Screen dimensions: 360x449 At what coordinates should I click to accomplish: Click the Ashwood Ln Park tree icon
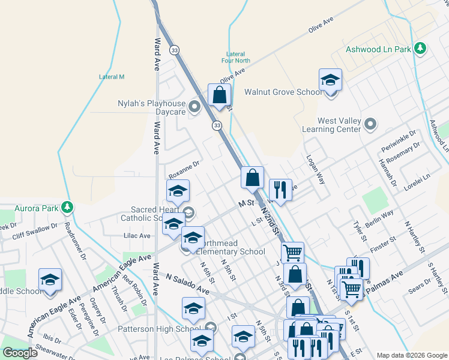tap(421, 48)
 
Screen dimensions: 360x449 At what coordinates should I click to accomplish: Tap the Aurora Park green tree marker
tap(68, 208)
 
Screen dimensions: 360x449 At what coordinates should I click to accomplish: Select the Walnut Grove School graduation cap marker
tap(330, 80)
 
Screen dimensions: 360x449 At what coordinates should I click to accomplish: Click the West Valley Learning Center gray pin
tap(370, 125)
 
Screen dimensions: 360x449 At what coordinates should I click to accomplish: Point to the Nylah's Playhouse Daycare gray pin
tap(194, 107)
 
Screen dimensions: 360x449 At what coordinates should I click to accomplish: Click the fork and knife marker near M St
tap(280, 190)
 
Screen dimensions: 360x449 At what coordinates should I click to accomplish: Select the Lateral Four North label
tap(235, 57)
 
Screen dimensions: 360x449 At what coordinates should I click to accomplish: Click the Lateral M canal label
tap(112, 77)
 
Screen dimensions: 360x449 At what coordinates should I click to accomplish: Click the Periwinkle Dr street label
tap(398, 140)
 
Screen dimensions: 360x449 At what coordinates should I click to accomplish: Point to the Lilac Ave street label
tap(137, 236)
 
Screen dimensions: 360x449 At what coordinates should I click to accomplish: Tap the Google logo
tap(20, 353)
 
